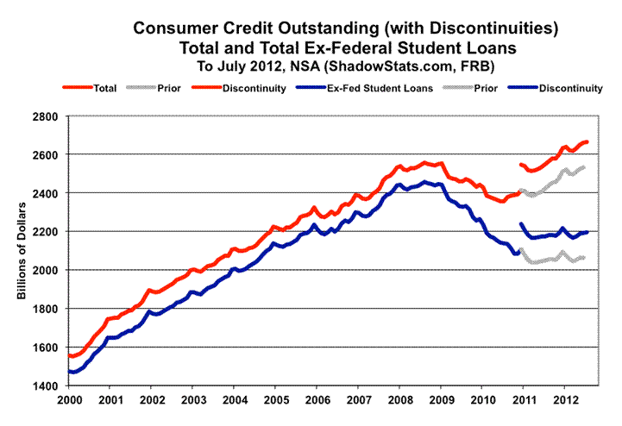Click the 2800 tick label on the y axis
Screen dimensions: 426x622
45,116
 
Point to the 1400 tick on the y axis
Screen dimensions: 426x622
45,385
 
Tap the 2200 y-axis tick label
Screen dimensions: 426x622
45,232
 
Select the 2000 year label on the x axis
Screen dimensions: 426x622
68,400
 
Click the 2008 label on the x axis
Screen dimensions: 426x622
398,400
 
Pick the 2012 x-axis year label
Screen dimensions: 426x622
562,400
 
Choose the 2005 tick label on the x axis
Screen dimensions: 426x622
274,400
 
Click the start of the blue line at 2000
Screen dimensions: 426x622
69,372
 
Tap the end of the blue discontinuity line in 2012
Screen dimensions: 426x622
587,232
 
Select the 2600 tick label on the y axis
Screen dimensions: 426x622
45,155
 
